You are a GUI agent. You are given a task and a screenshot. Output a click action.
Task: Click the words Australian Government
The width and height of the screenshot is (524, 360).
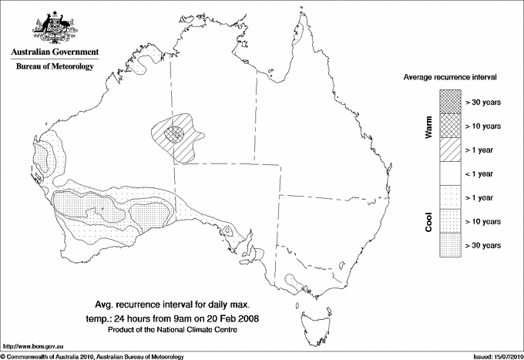tap(54, 52)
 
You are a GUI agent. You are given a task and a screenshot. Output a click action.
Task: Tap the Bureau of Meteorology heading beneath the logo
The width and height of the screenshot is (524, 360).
tap(55, 67)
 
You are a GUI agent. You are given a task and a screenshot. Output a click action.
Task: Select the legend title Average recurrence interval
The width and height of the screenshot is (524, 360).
tap(451, 78)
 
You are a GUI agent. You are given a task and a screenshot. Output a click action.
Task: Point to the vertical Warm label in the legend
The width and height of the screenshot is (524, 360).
tap(429, 126)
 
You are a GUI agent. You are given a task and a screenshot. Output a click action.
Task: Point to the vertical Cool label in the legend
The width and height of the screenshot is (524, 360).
tap(429, 221)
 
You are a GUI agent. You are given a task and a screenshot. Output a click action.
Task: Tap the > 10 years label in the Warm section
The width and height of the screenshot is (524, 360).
tap(483, 126)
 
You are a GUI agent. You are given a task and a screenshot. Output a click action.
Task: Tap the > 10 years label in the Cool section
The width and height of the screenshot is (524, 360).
tap(483, 221)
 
